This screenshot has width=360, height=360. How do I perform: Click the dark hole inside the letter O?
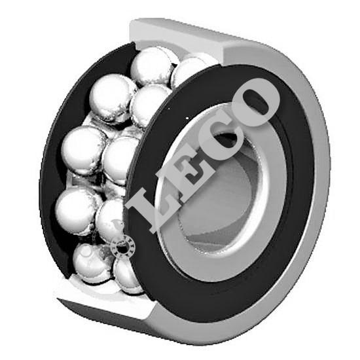(257, 101)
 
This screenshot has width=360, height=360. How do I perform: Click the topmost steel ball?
(152, 67)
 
